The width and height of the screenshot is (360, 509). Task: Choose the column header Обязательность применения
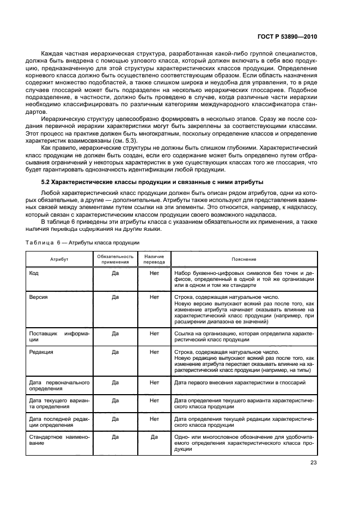[x=115, y=259]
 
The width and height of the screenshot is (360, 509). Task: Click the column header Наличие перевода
[x=154, y=259]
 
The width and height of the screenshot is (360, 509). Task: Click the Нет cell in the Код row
[x=154, y=273]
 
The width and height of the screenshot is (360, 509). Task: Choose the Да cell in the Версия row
[x=115, y=298]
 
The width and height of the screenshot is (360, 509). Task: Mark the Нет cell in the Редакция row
[x=154, y=352]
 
